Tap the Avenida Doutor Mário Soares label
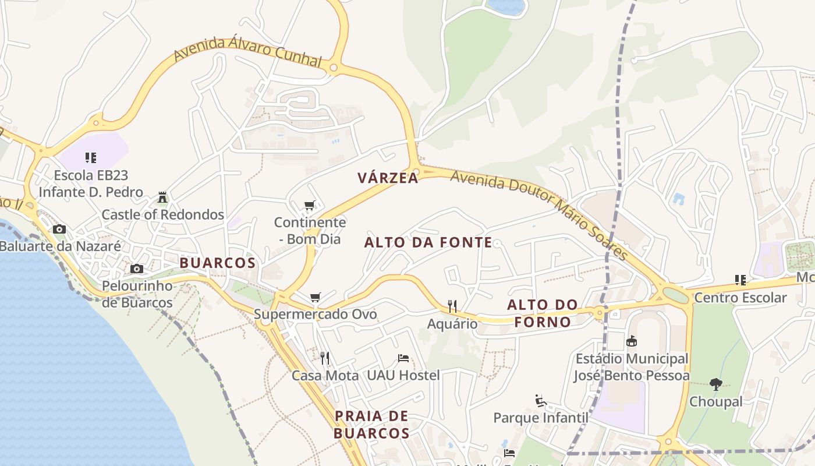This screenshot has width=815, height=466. click(x=539, y=215)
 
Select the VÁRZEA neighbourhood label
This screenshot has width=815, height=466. click(x=388, y=178)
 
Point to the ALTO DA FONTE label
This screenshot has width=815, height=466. click(x=428, y=243)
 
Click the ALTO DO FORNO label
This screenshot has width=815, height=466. click(x=543, y=313)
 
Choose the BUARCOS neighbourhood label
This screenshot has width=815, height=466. click(x=218, y=263)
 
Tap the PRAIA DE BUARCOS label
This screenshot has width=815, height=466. click(x=371, y=425)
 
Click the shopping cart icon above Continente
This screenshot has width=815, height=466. click(x=310, y=205)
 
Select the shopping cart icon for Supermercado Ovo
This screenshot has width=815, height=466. click(x=316, y=298)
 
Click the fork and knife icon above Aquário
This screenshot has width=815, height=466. click(x=452, y=306)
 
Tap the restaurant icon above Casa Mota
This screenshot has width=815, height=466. click(x=325, y=358)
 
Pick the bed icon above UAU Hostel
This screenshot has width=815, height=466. click(x=403, y=358)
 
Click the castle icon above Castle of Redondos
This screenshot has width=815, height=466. click(x=162, y=197)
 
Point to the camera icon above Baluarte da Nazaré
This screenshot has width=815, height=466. click(x=59, y=230)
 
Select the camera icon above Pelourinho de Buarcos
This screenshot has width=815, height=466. click(x=137, y=269)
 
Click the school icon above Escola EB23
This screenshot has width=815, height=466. click(x=90, y=157)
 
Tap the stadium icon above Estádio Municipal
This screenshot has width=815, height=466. click(x=632, y=341)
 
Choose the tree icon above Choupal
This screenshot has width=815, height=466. click(x=716, y=384)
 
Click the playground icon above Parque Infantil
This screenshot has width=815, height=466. click(x=541, y=400)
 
